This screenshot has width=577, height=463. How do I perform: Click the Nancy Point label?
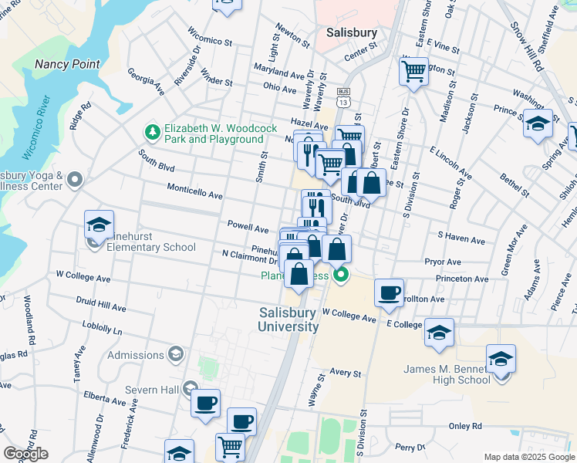(67, 64)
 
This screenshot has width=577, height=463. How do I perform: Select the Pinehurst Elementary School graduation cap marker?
(100, 225)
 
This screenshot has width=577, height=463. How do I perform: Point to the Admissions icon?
(175, 354)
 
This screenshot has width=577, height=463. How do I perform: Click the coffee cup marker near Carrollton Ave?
(390, 292)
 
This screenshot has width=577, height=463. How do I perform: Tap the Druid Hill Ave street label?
(101, 306)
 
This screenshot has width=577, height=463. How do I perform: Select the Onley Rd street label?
(465, 426)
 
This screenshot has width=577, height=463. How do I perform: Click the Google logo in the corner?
(25, 453)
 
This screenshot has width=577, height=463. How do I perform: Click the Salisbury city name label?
(351, 33)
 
